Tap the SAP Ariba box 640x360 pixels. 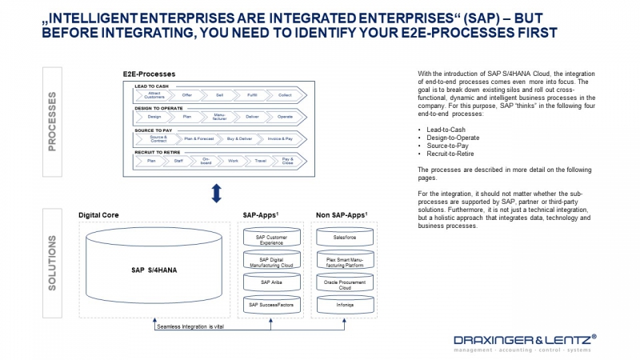coord(270,282)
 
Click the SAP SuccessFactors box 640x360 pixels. coord(270,305)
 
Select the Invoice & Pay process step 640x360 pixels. coord(279,138)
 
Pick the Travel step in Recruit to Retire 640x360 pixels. coord(260,161)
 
